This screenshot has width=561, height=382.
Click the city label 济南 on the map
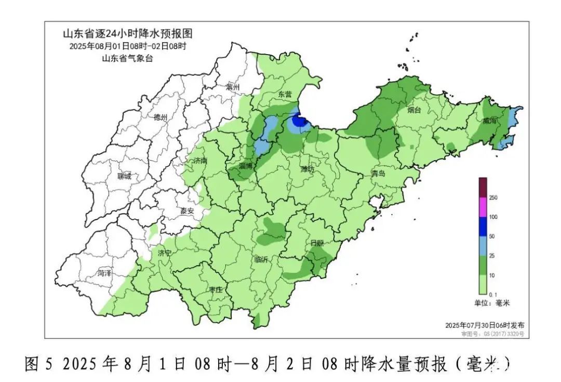coord(200,161)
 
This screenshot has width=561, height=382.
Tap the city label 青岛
coord(378,173)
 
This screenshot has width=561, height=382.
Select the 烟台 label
coord(414,110)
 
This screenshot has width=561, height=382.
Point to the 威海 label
coord(489,121)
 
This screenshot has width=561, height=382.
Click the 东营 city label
coord(285,94)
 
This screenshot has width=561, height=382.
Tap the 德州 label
coord(161,117)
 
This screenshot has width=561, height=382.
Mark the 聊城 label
coord(124,177)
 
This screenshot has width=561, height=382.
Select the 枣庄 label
coord(216,289)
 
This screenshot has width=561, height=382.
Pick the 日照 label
coord(316,243)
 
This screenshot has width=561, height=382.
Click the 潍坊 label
coord(308,170)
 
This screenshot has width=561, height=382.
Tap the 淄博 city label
coord(246,166)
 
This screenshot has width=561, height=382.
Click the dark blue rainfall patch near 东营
coord(299,122)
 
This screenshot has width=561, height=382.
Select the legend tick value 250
coord(493,197)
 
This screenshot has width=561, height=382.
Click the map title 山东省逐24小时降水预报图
coord(128,34)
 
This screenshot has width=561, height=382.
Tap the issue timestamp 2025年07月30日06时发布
coord(485,325)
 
